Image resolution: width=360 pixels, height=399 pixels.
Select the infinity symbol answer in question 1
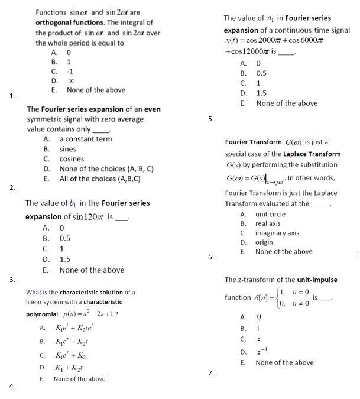tap(70, 80)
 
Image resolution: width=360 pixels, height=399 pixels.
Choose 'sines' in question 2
tap(68, 149)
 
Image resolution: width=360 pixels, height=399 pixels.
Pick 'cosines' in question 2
tap(72, 159)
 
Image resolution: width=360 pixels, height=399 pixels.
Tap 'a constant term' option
tap(85, 139)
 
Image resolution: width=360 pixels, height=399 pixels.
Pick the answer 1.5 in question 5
tap(261, 93)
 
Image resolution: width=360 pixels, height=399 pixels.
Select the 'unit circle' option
tap(270, 214)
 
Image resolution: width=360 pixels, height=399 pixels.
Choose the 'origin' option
tap(264, 242)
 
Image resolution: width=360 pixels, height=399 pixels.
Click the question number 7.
tap(210, 373)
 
